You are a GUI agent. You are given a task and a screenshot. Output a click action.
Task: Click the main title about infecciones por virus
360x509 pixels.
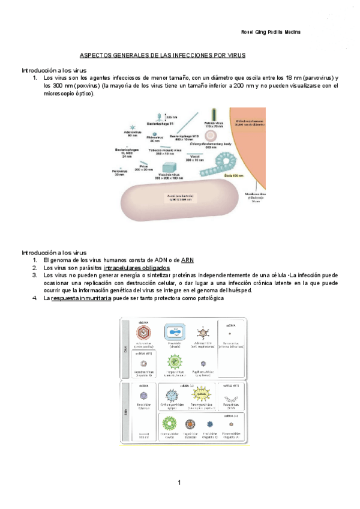(x=163, y=55)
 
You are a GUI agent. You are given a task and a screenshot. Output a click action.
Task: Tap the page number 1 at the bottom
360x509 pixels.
(x=179, y=483)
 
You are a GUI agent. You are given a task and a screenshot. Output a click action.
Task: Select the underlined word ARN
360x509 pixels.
(x=204, y=260)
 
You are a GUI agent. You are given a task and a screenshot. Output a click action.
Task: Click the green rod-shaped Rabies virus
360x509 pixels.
(x=214, y=114)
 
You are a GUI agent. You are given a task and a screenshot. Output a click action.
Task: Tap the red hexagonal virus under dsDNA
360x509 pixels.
(x=144, y=332)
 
